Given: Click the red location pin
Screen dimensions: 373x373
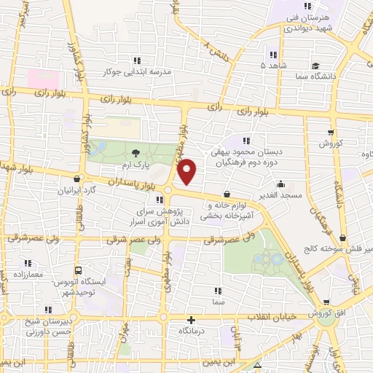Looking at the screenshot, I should click(x=187, y=171).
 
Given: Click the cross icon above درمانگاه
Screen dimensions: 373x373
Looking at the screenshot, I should click(x=192, y=320).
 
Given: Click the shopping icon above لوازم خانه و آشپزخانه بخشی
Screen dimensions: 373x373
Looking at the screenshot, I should click(x=227, y=195).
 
